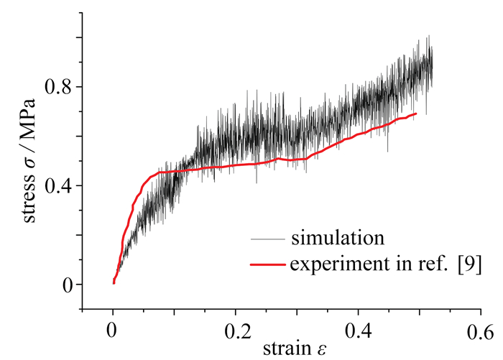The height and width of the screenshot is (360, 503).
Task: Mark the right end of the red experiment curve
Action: [416, 114]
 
